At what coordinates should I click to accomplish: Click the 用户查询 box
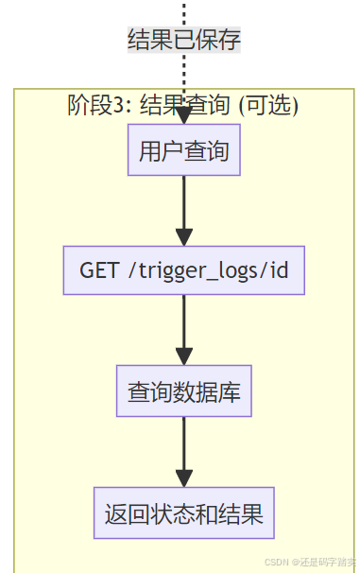183,151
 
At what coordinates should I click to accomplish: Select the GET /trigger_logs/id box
183,270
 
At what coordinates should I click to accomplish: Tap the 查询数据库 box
183,391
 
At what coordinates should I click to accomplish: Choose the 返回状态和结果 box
183,515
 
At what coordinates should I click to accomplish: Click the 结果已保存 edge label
184,40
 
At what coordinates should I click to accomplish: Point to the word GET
99,270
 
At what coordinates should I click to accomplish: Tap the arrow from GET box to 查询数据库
183,326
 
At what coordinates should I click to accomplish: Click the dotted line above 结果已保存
184,11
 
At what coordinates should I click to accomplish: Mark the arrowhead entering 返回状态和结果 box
183,477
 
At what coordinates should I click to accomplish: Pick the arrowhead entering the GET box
183,236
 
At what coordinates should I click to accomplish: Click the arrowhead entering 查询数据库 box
183,356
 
